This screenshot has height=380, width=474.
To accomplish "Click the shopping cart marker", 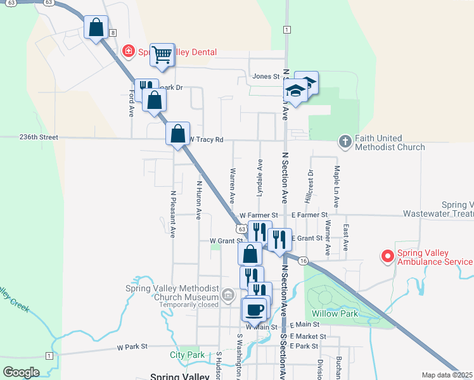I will point(162,54).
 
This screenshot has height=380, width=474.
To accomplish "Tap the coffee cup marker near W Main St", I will point(255,310).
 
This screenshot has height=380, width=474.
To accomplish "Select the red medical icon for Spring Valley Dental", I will point(128,50).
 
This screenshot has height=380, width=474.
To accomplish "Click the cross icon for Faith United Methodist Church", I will point(345,142).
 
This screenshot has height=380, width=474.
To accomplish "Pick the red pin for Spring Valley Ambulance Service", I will point(387,256).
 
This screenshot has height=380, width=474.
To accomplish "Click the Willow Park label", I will point(335,313).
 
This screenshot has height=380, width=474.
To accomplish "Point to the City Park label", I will point(187,355).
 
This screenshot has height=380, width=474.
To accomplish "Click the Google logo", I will point(21,372).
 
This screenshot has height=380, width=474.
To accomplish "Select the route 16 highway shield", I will point(304,261).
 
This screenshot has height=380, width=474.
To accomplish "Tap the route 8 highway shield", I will point(113,32).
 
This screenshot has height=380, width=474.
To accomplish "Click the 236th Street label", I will point(39,137).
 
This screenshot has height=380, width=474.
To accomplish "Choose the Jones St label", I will point(266,77).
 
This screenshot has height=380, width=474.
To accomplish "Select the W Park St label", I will point(132,346).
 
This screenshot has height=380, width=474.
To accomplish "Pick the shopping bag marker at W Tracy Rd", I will point(178,134).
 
